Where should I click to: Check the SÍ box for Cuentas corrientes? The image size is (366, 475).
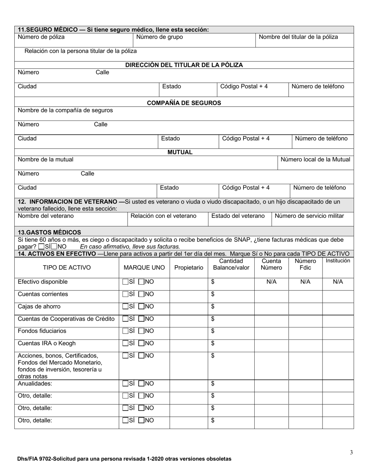coord(125,294)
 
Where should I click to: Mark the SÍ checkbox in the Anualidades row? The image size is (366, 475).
coord(125,383)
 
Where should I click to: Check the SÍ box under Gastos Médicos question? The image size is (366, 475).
coord(41,246)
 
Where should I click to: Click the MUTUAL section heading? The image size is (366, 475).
coord(180,152)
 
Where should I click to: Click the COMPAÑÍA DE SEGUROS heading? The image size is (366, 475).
coord(184,103)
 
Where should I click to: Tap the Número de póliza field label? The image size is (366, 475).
coord(41,37)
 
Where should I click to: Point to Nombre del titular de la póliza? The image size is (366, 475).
coord(298,37)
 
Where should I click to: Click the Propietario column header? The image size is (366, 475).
coord(189,268)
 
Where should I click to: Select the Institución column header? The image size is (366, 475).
coord(338,261)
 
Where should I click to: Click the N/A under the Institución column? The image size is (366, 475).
coord(338,282)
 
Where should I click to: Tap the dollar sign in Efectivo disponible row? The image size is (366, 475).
coord(213,282)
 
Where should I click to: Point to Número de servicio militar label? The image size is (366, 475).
coord(309,216)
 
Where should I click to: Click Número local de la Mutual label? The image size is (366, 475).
coord(315,159)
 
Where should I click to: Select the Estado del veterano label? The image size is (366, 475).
coord(238,216)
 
